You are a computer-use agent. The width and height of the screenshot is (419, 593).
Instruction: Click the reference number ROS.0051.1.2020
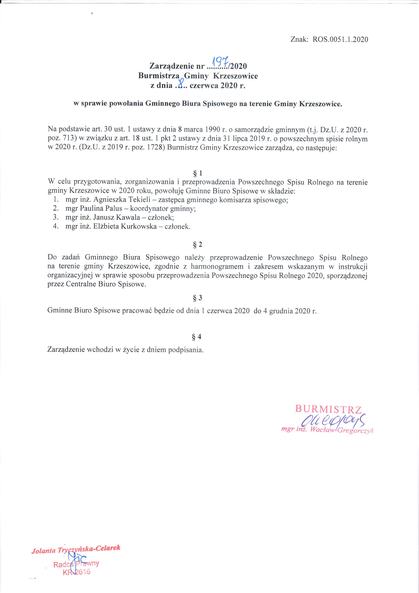click(x=340, y=40)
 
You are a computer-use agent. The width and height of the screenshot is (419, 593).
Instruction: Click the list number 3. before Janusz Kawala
click(x=55, y=217)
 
